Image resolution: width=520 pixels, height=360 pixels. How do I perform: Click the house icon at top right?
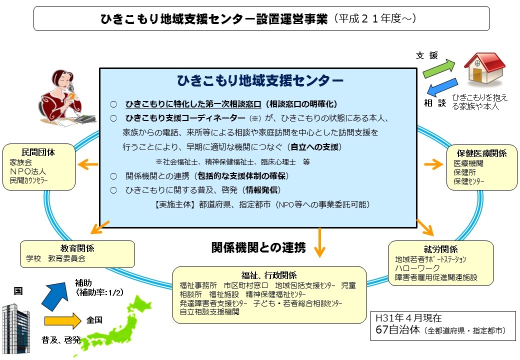click(484, 68)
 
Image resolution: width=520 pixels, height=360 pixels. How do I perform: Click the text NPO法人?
click(28, 171)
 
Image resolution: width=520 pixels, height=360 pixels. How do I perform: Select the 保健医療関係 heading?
click(481, 153)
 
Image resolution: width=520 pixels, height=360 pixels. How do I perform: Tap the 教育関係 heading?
click(77, 248)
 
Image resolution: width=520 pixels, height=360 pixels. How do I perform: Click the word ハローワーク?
click(416, 268)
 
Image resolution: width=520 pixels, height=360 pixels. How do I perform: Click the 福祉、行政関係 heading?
click(269, 275)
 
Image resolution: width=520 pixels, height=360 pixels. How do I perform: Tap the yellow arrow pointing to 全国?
click(62, 320)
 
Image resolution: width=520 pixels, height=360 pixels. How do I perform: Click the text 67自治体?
click(397, 330)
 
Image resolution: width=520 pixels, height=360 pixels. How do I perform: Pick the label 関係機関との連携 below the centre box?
click(258, 247)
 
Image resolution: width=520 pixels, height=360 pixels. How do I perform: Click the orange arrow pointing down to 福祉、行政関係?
click(319, 242)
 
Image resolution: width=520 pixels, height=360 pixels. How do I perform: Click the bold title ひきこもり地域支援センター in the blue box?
click(260, 80)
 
